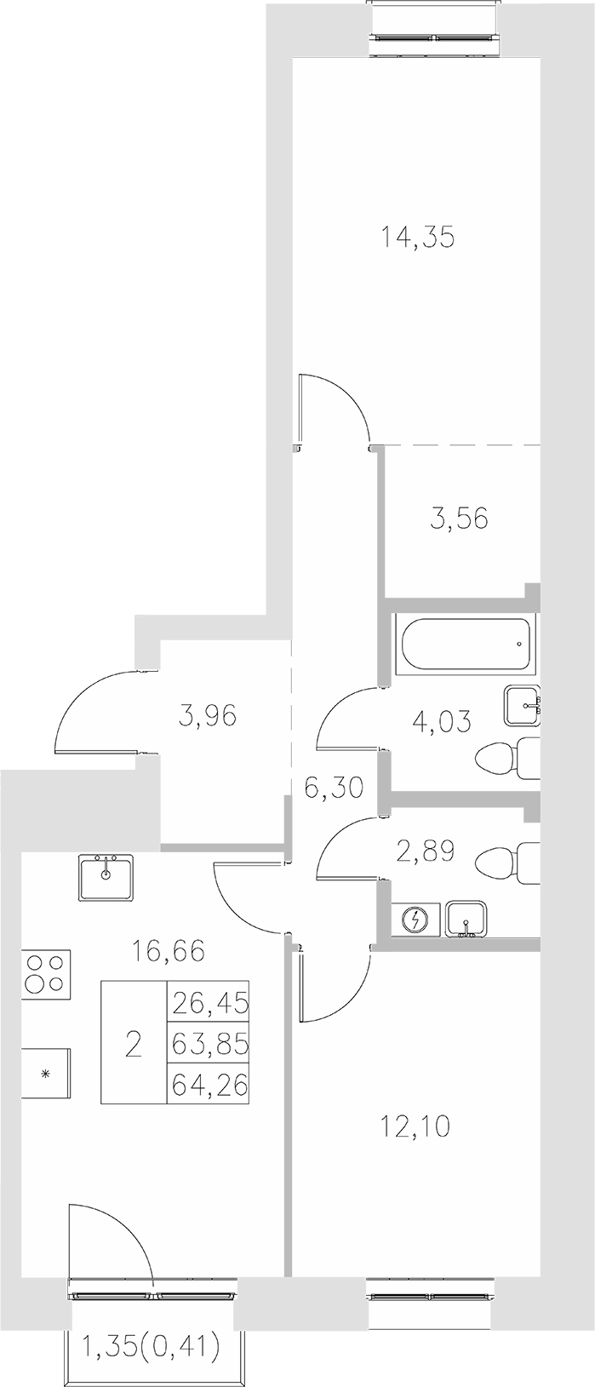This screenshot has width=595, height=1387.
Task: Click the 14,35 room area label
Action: (417, 238)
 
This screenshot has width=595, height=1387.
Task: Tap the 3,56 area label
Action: (459, 518)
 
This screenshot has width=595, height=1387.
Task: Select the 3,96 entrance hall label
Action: (207, 715)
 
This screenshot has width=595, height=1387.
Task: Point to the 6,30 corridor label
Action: (333, 787)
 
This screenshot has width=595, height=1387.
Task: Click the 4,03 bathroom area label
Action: (443, 720)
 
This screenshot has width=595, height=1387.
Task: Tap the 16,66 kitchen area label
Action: (169, 949)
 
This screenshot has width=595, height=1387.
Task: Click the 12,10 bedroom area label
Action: (415, 1126)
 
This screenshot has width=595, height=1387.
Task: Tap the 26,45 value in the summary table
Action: (209, 1002)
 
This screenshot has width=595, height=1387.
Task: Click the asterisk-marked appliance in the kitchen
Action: (46, 1073)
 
